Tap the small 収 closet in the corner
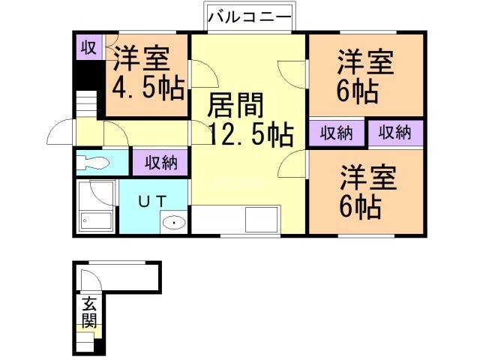click(x=88, y=48)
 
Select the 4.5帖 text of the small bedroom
click(x=148, y=89)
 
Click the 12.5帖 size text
click(x=250, y=135)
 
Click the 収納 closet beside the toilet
click(x=160, y=161)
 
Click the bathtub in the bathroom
click(x=96, y=220)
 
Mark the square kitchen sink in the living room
click(x=263, y=220)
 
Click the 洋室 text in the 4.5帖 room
click(x=142, y=58)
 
